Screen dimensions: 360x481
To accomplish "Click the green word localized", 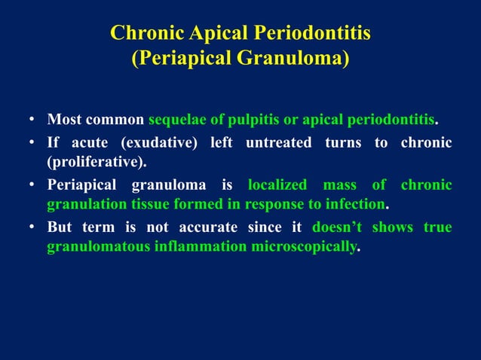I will tap(277, 185).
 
